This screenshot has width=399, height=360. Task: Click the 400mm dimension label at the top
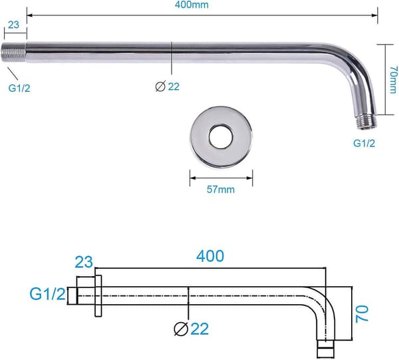click(x=192, y=5)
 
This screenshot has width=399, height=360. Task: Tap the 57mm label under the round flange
click(x=221, y=190)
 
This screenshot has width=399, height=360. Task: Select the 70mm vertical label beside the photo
click(x=393, y=80)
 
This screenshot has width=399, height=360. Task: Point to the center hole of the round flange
click(x=221, y=136)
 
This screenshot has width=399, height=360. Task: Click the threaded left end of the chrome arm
click(x=14, y=53)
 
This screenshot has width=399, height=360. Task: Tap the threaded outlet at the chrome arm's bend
click(x=366, y=122)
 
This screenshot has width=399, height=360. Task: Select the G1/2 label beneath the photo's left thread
click(x=19, y=89)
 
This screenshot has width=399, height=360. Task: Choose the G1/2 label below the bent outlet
click(x=364, y=144)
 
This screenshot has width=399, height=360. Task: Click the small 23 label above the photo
click(x=13, y=25)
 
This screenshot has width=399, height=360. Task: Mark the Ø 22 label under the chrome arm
click(x=167, y=87)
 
